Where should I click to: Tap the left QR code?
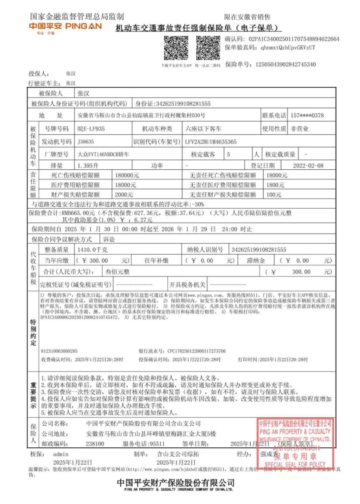pyautogui.click(x=176, y=48)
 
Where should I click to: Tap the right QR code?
pyautogui.click(x=208, y=48)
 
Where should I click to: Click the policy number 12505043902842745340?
pyautogui.click(x=286, y=64)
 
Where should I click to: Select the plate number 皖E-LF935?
pyautogui.click(x=91, y=129)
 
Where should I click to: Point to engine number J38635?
pyautogui.click(x=86, y=141)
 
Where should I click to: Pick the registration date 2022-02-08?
pyautogui.click(x=308, y=166)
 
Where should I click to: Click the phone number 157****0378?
pyautogui.click(x=307, y=116)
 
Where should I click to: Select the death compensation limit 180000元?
pyautogui.click(x=126, y=175)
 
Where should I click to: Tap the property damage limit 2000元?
pyautogui.click(x=124, y=195)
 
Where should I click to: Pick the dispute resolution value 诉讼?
pyautogui.click(x=109, y=239)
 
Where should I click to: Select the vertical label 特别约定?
pyautogui.click(x=33, y=333)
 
